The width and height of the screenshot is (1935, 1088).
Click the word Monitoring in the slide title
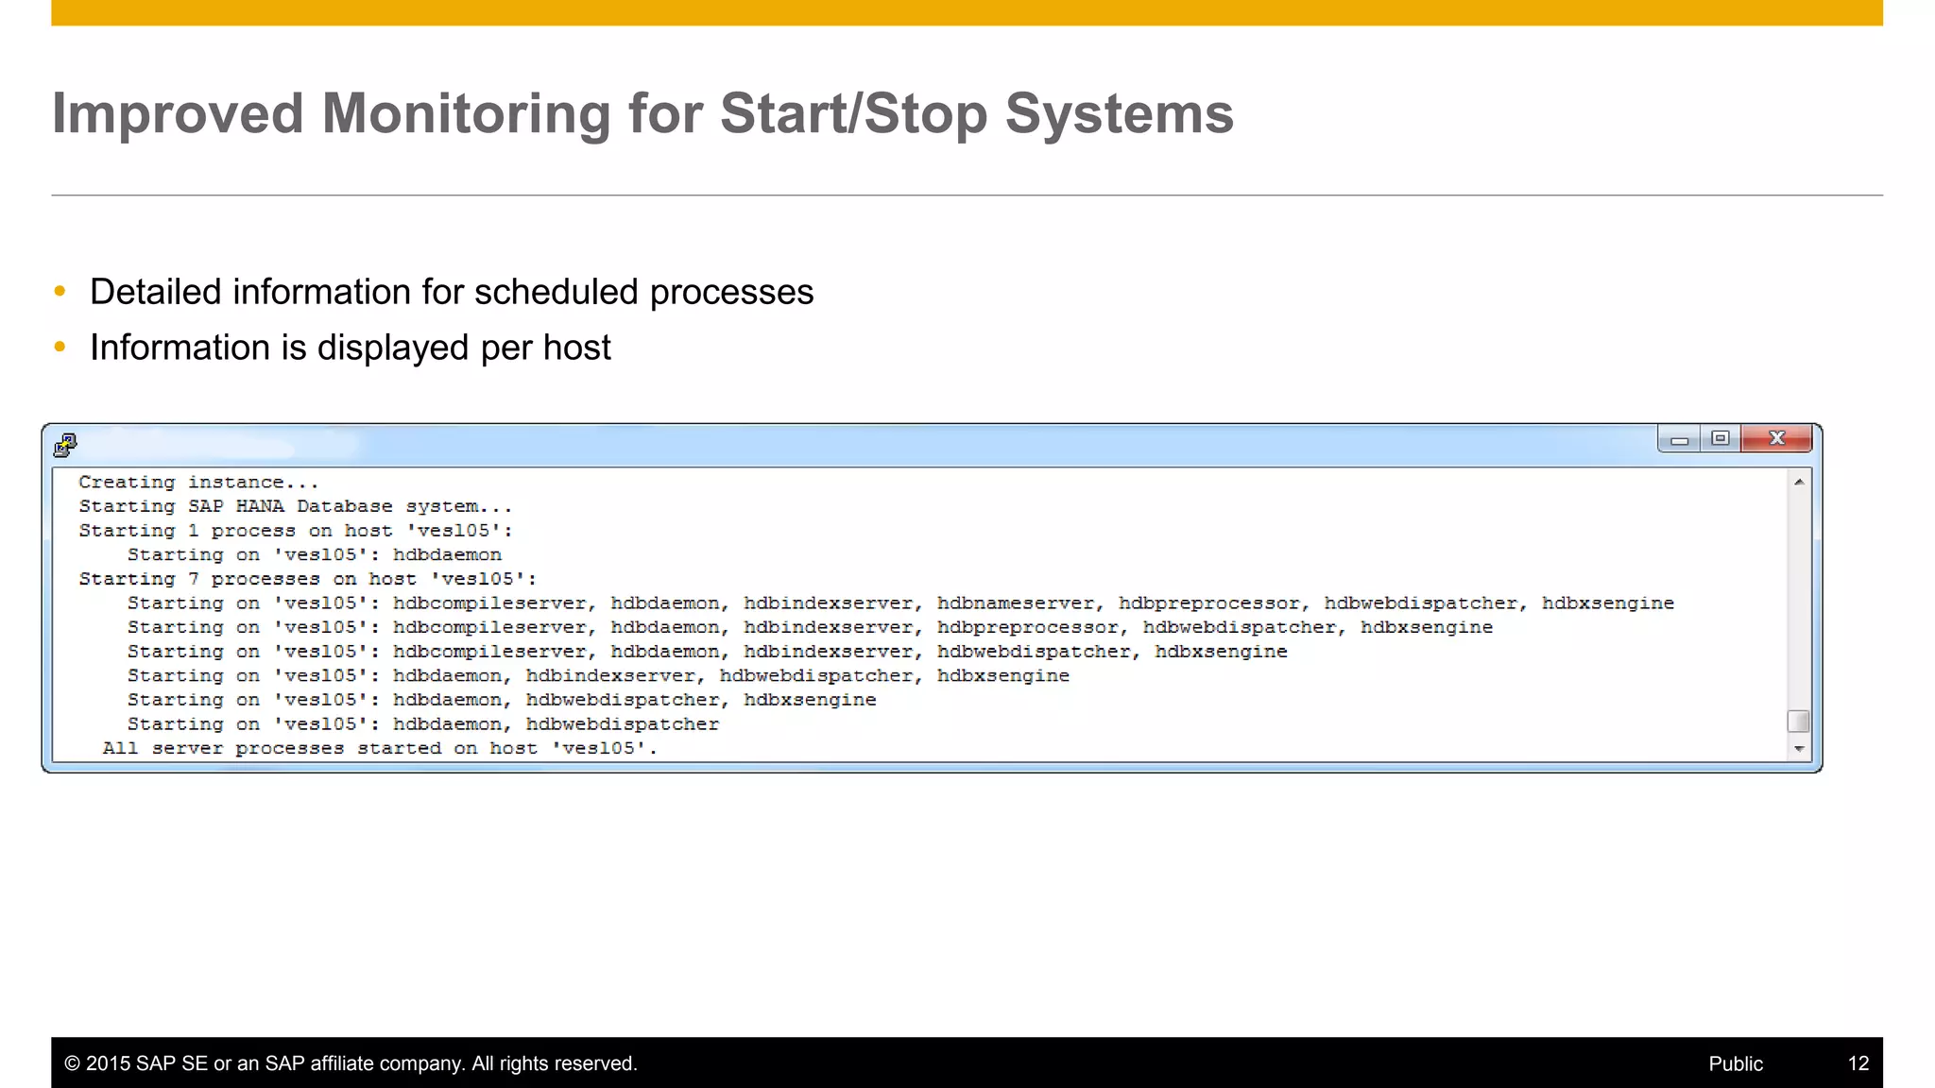tap(466, 114)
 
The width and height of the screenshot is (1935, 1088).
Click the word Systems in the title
tap(1119, 114)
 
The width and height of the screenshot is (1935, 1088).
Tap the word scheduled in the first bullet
tap(557, 293)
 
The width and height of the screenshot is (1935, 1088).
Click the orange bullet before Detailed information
tap(60, 291)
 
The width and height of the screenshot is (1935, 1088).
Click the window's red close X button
tap(1776, 438)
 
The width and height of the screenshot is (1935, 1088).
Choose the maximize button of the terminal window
tap(1721, 438)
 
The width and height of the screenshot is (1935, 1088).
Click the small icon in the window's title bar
tap(65, 444)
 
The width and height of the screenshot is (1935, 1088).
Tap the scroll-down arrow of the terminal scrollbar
tap(1799, 749)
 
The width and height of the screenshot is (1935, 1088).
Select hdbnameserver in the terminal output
tap(1016, 603)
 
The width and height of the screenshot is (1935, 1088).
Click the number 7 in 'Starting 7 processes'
tap(193, 579)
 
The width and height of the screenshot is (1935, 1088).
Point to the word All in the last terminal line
tap(120, 749)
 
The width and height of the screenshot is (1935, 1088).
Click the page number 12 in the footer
tap(1858, 1063)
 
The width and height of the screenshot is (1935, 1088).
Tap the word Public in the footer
tap(1735, 1063)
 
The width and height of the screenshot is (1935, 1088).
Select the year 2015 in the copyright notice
tap(108, 1063)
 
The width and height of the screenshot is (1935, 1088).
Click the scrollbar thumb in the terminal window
tap(1799, 722)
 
